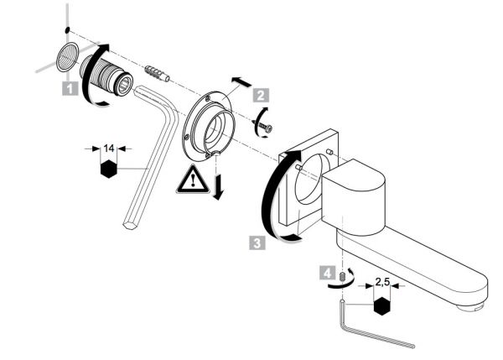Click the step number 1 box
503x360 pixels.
(70, 88)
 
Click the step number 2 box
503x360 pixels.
(261, 95)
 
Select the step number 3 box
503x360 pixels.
(257, 243)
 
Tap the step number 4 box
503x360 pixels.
(327, 273)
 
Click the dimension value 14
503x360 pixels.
(109, 149)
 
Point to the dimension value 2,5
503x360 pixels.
(382, 282)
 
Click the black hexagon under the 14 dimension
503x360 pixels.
(109, 169)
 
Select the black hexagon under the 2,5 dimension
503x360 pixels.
(382, 306)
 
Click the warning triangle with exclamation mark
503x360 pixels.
(193, 181)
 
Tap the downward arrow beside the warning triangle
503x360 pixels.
(219, 187)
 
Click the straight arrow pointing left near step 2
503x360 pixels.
(241, 81)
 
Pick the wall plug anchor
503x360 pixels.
(158, 73)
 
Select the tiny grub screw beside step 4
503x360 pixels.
(342, 276)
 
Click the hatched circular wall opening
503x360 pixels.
(67, 57)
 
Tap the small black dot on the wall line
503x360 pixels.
(67, 30)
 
